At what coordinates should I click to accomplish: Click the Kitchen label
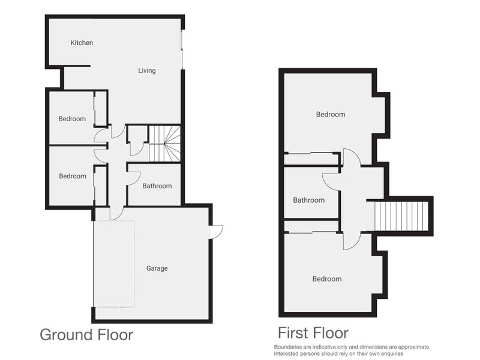click(82, 43)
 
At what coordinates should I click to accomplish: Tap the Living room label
click(147, 71)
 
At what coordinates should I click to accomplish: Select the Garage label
click(157, 268)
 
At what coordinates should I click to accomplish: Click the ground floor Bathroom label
click(157, 186)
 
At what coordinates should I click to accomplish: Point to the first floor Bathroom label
click(309, 200)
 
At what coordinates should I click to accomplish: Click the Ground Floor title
click(86, 334)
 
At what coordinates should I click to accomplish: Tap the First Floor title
click(313, 332)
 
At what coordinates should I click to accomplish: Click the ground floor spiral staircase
click(164, 143)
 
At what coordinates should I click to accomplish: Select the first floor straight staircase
click(401, 216)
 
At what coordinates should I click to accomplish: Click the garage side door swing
click(217, 232)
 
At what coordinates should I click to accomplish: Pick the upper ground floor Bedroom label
click(72, 119)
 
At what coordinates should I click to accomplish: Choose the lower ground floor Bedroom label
click(72, 176)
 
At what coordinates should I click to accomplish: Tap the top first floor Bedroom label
click(331, 115)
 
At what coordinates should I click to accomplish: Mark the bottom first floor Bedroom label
click(327, 279)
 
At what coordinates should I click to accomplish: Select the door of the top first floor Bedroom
click(352, 157)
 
